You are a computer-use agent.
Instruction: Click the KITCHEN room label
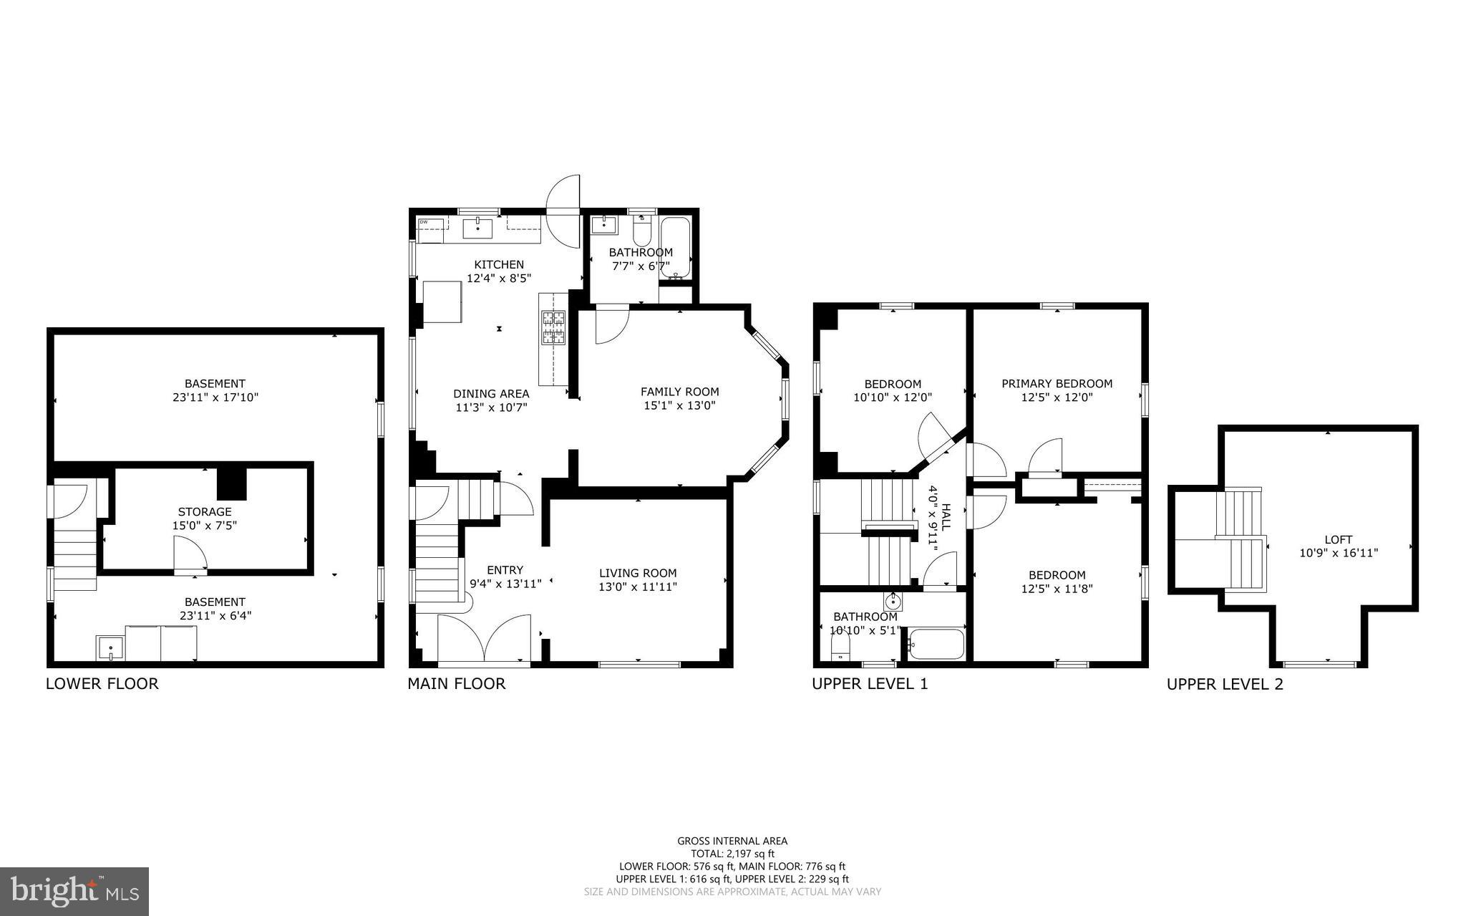point(498,264)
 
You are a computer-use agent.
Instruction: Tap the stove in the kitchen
point(553,328)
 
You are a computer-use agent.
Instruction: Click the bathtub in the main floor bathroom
point(675,248)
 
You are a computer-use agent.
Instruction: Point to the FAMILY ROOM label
point(679,392)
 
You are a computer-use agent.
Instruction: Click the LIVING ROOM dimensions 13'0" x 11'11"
point(638,587)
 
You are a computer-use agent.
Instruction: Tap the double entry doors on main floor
point(485,640)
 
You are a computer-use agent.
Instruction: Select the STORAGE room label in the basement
point(205,511)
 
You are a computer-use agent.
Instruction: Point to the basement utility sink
point(110,647)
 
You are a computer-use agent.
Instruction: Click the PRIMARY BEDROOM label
point(1057,383)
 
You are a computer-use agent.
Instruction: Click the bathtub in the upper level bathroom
point(936,643)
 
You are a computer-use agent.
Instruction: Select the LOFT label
point(1338,539)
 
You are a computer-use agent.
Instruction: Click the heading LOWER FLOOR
point(102,683)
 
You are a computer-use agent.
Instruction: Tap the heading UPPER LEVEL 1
point(869,683)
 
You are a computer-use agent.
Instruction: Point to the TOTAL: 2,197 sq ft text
point(732,853)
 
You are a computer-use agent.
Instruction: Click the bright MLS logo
point(74,891)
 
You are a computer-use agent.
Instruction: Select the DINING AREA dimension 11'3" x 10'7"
point(491,408)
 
